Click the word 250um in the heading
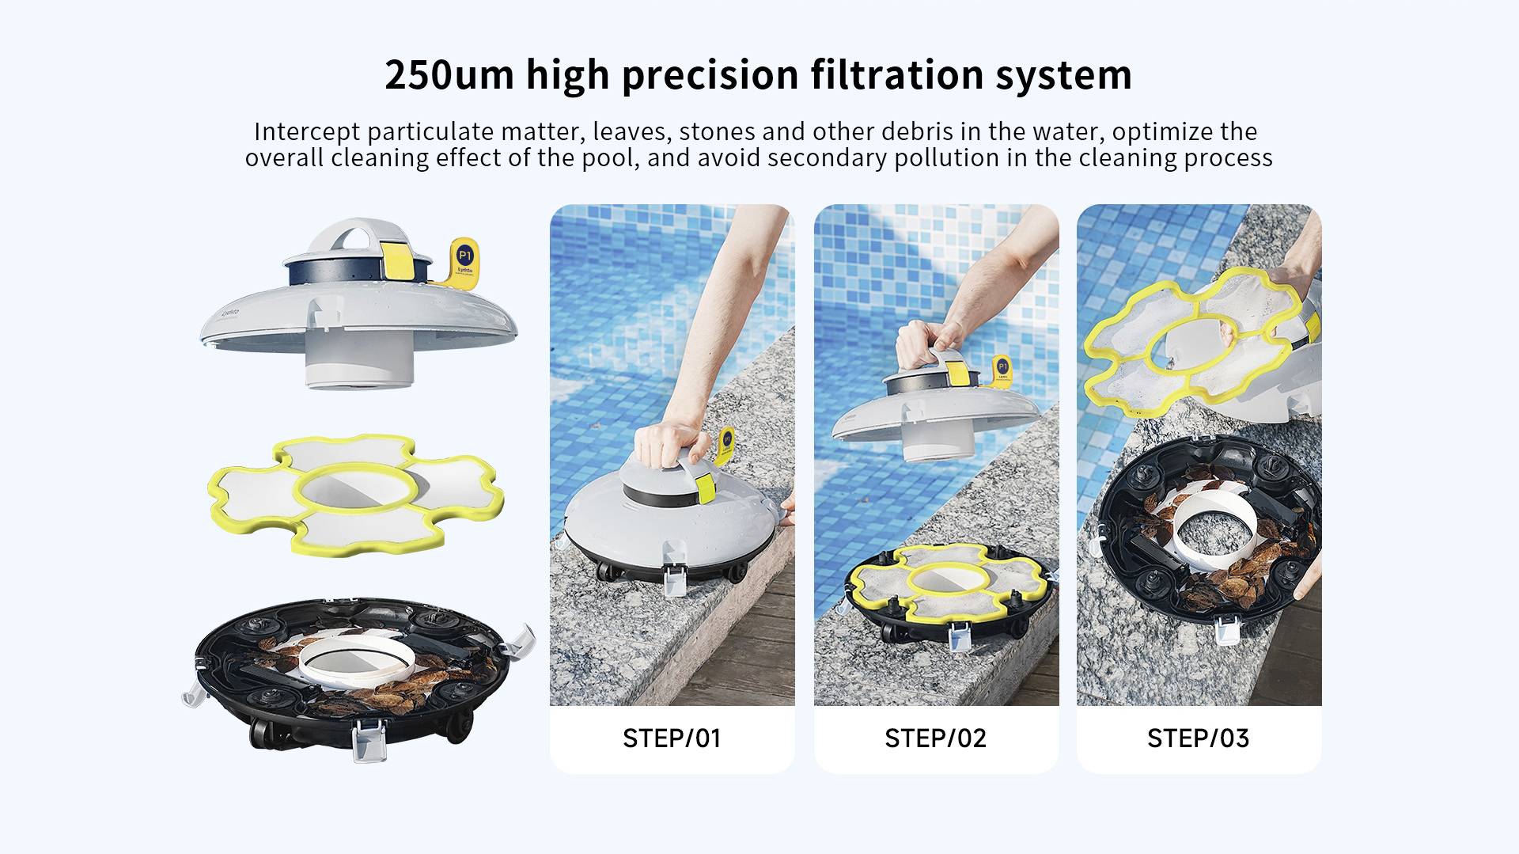click(449, 75)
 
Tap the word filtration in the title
click(896, 75)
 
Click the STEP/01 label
click(672, 738)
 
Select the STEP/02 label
click(935, 738)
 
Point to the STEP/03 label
click(1198, 738)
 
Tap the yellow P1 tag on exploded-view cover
click(465, 259)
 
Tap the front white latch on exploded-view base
click(366, 741)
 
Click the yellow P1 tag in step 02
click(1002, 367)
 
